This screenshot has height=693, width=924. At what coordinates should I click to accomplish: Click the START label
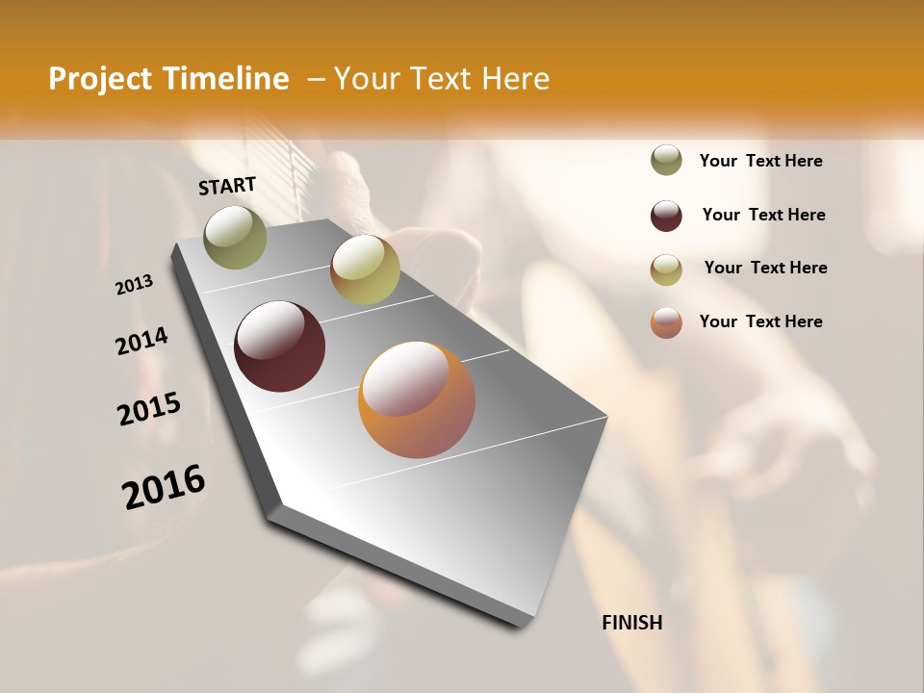pyautogui.click(x=227, y=186)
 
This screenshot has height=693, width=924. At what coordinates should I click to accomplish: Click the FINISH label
pyautogui.click(x=632, y=623)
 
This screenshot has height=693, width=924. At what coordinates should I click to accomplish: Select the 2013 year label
pyautogui.click(x=135, y=284)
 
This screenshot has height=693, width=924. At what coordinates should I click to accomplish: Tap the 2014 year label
pyautogui.click(x=142, y=342)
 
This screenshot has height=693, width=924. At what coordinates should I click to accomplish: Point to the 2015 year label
pyautogui.click(x=149, y=409)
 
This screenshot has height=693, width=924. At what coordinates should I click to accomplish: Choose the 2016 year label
pyautogui.click(x=164, y=487)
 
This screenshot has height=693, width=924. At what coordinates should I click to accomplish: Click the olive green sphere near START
pyautogui.click(x=236, y=237)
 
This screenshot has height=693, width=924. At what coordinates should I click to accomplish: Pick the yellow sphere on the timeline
pyautogui.click(x=365, y=269)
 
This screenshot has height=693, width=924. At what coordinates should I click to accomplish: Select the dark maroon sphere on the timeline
pyautogui.click(x=279, y=346)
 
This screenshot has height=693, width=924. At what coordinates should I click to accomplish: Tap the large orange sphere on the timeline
pyautogui.click(x=416, y=399)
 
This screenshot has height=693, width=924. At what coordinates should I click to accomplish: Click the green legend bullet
pyautogui.click(x=666, y=160)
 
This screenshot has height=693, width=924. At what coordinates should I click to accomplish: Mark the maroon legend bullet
pyautogui.click(x=666, y=216)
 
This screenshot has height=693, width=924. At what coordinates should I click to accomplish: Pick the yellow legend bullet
pyautogui.click(x=666, y=269)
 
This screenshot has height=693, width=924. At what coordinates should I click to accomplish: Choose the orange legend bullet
pyautogui.click(x=666, y=322)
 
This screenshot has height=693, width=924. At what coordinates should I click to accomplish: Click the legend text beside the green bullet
pyautogui.click(x=760, y=161)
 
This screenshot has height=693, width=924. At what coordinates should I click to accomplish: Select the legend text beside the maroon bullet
pyautogui.click(x=763, y=215)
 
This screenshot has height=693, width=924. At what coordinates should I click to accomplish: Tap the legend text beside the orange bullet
pyautogui.click(x=760, y=321)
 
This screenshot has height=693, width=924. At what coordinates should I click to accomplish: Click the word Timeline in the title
pyautogui.click(x=225, y=79)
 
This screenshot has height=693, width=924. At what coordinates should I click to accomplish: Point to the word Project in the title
pyautogui.click(x=98, y=79)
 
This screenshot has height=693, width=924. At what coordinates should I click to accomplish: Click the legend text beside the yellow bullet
pyautogui.click(x=765, y=268)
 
